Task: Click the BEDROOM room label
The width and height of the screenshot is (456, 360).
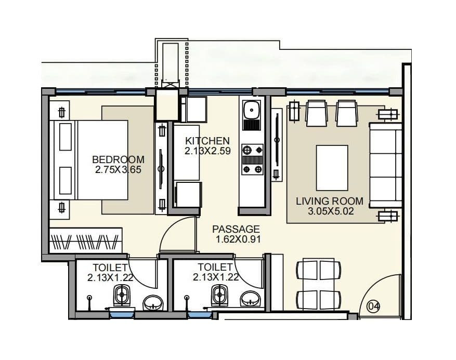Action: (118, 159)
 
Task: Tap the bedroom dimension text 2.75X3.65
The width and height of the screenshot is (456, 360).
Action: (118, 169)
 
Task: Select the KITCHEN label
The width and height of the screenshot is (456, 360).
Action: (207, 141)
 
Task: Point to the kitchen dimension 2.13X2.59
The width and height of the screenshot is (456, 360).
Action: (207, 151)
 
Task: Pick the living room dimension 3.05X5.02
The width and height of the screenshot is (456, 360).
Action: (329, 211)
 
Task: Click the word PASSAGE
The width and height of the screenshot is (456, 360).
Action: (236, 229)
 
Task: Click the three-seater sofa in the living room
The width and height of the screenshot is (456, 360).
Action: (385, 165)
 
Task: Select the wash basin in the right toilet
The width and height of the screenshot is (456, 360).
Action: (251, 300)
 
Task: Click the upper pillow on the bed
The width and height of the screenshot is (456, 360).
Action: (65, 137)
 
